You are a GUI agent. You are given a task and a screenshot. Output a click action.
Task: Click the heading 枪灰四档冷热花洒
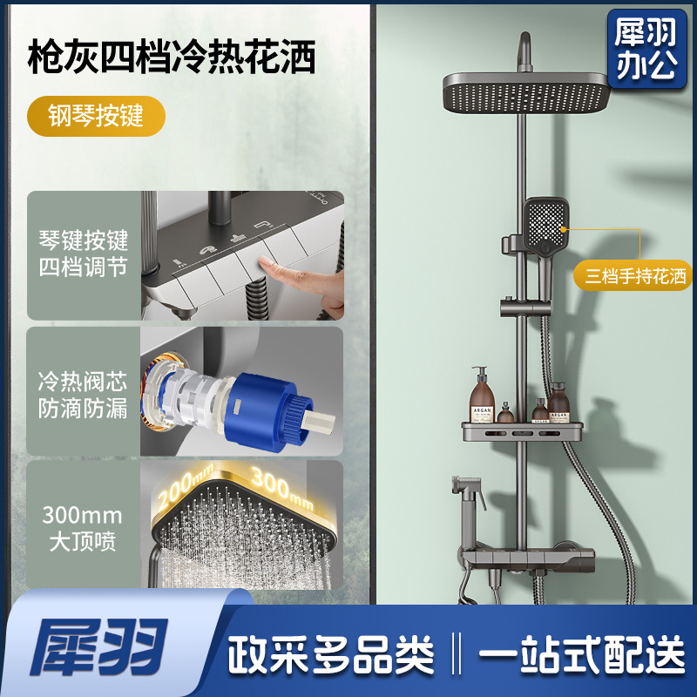[172, 57]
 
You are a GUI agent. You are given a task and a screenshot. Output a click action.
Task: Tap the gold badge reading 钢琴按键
[96, 116]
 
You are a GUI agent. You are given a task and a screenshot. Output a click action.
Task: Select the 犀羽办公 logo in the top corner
[646, 49]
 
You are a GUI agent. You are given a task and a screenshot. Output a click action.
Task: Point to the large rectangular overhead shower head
[526, 91]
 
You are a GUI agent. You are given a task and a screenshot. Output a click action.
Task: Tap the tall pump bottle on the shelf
[482, 395]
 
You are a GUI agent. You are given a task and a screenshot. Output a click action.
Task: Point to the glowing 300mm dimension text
[282, 488]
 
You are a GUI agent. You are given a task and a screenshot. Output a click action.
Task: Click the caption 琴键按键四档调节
[83, 254]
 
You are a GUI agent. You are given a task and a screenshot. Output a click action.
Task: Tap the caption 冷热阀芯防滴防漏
[83, 395]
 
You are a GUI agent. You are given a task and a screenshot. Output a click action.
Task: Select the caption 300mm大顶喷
[82, 528]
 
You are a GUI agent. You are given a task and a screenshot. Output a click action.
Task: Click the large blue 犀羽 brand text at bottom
[98, 646]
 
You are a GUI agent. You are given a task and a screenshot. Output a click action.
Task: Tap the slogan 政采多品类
[331, 654]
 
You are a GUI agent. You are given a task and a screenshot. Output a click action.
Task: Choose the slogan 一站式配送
[581, 654]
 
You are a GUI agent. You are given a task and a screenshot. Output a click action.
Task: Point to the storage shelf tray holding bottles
[522, 431]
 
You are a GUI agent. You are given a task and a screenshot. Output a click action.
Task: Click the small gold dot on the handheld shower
[563, 230]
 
